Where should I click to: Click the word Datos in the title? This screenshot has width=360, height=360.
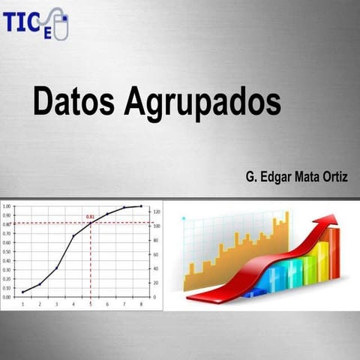tap(71, 100)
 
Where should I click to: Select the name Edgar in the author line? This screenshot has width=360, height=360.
tap(274, 177)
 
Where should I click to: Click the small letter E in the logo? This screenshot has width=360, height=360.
tap(47, 32)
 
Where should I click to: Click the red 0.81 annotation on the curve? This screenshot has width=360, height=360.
tap(90, 217)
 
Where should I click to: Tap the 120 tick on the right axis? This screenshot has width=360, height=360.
tap(157, 212)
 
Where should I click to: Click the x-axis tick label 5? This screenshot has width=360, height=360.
tap(90, 304)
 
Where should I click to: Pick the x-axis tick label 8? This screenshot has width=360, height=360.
tap(141, 304)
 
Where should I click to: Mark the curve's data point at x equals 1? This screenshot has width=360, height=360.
tap(22, 292)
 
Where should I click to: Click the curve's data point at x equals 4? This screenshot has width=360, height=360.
tap(73, 235)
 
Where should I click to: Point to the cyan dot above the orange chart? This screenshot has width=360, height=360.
tap(183, 218)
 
